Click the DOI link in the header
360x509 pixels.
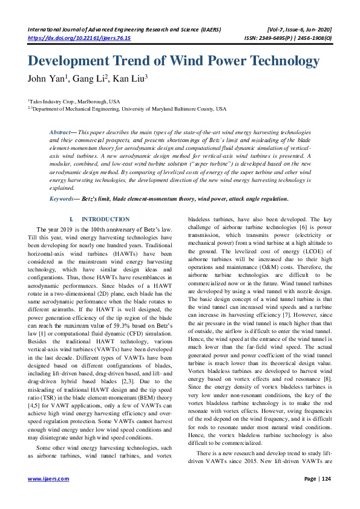coord(79,37)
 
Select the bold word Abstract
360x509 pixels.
coord(59,131)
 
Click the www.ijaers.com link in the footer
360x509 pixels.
coord(48,479)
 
